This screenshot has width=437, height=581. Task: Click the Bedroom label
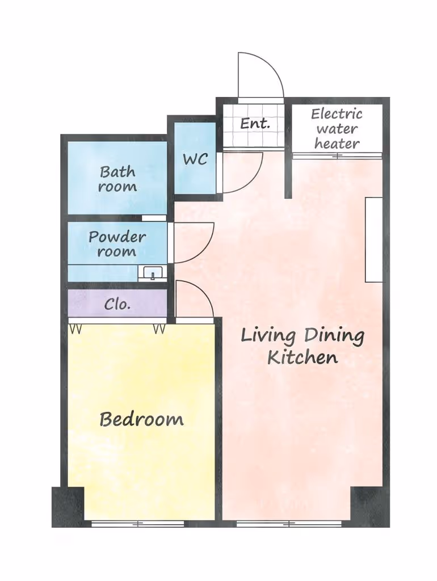point(141,419)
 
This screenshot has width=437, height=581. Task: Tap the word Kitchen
point(302,358)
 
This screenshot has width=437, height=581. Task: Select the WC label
point(195,159)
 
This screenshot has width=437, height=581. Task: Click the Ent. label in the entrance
point(255,123)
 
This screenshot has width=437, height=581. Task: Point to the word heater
point(337,144)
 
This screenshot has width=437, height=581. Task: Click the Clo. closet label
point(117,304)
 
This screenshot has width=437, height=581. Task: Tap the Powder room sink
point(152,273)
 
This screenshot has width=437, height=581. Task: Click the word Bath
point(117,172)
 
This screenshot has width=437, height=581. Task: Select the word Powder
point(117,237)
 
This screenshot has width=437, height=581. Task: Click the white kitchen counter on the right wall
point(373,240)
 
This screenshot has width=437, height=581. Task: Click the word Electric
point(337,113)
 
